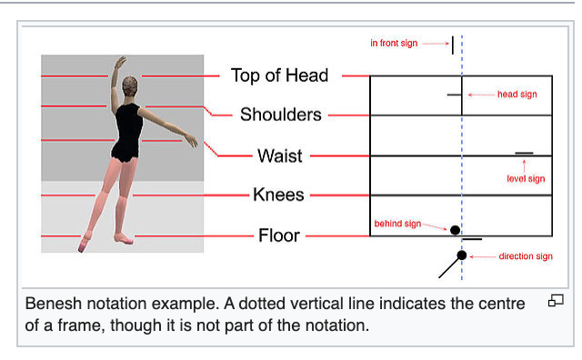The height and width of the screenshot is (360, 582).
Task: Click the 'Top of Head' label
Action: click(x=279, y=75)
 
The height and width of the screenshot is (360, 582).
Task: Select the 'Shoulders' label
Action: click(x=280, y=115)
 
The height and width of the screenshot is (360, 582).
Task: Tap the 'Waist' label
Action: click(x=279, y=155)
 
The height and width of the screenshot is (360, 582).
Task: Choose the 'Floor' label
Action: click(x=279, y=235)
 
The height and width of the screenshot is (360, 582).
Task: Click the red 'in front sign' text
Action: click(x=395, y=44)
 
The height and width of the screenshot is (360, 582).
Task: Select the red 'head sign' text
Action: click(x=517, y=95)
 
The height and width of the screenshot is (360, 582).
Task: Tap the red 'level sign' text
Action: click(x=526, y=179)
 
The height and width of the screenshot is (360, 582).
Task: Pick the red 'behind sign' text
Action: click(x=397, y=223)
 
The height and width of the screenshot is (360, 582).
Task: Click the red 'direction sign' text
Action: click(x=526, y=256)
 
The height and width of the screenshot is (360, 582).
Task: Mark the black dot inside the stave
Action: click(x=456, y=230)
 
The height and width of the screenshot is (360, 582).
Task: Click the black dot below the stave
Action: click(x=462, y=255)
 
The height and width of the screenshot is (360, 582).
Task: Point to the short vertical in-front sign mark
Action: click(x=452, y=45)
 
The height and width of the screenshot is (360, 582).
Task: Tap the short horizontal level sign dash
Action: click(x=524, y=154)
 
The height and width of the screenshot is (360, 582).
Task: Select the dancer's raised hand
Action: click(x=119, y=62)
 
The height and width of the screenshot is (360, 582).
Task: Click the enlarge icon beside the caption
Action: click(x=557, y=301)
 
